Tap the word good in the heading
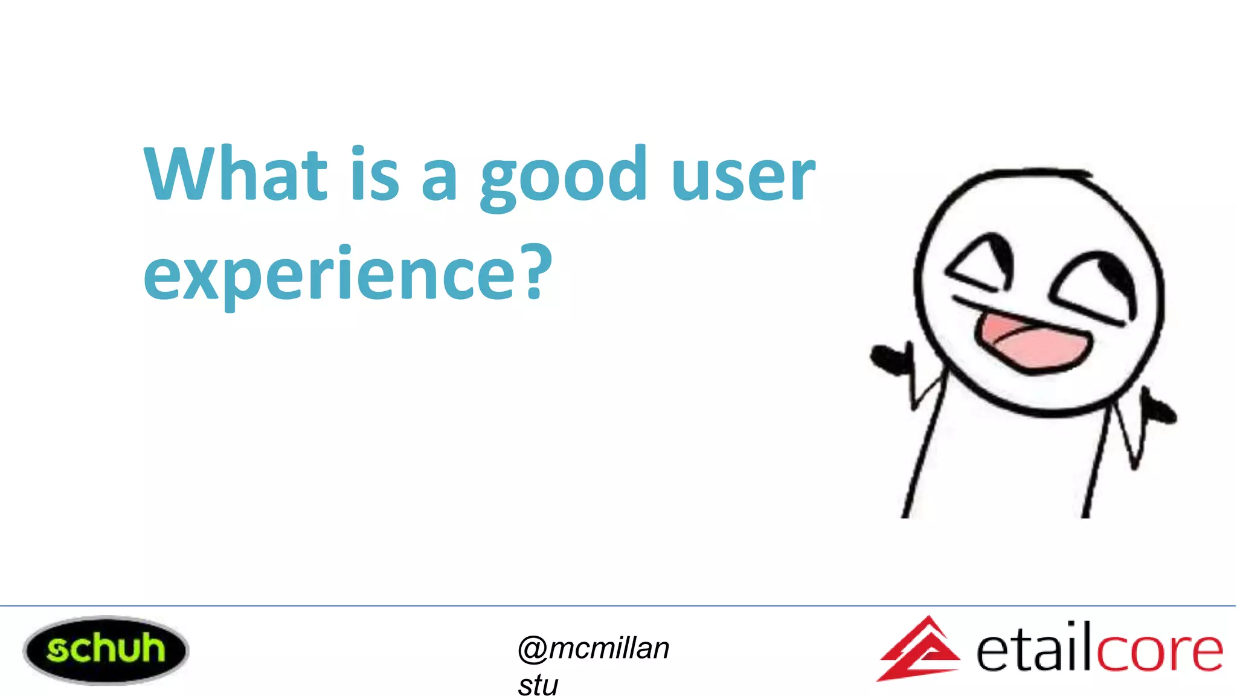[564, 176]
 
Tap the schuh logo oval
[106, 650]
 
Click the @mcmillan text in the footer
[594, 648]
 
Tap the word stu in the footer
[538, 685]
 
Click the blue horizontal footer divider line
[618, 605]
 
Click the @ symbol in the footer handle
[532, 649]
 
